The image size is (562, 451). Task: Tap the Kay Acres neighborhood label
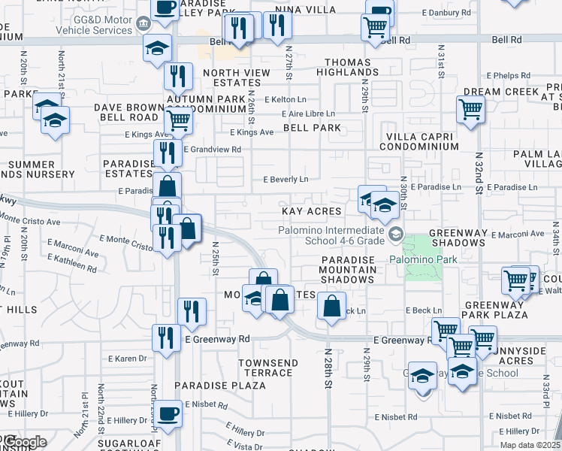(x=311, y=212)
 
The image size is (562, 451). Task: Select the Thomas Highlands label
(x=351, y=67)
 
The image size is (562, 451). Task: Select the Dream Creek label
(x=500, y=92)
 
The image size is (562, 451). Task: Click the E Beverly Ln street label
(x=286, y=180)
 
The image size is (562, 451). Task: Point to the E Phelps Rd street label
(x=508, y=76)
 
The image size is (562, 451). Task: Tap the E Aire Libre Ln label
(x=307, y=114)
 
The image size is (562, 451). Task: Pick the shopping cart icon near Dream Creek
(x=470, y=109)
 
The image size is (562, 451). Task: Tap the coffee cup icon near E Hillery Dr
(x=168, y=413)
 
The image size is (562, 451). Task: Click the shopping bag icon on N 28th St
(x=331, y=306)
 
